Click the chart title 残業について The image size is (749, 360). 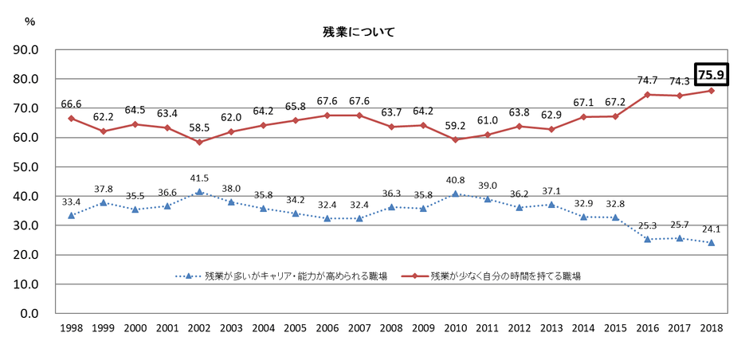pos(358,33)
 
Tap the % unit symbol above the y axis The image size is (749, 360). pos(30,22)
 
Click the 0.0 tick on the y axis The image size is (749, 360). pos(30,314)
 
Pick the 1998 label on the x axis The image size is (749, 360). pos(72,328)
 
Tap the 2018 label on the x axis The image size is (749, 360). pos(711,328)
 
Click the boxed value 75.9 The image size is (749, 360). pos(711,76)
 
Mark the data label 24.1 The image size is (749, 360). pos(711,229)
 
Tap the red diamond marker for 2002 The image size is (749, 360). pos(198,142)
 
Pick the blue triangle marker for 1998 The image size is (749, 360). pos(72,215)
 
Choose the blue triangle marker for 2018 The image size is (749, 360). pos(711,242)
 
